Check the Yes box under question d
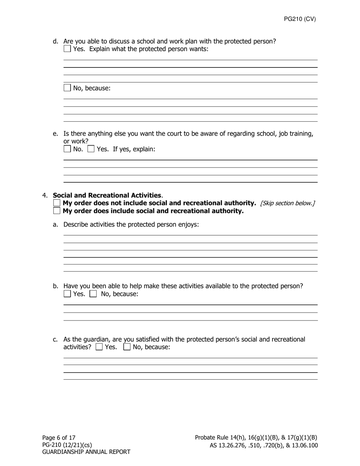coord(67,49)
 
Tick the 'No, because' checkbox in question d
coord(67,88)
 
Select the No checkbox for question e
coord(67,149)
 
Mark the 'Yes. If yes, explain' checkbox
coord(91,149)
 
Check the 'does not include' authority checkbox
coord(57,203)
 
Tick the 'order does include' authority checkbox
coord(57,211)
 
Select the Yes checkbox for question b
coord(67,294)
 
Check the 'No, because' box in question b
coord(93,294)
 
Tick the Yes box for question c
coord(99,347)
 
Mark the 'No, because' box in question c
coord(127,347)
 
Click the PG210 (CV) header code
coord(300,19)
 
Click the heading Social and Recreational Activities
coord(107,195)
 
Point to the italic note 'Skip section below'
coord(287,203)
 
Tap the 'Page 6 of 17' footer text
coord(59,438)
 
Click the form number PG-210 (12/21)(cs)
coord(67,445)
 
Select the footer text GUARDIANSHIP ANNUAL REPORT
coord(86,452)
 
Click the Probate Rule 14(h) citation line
coord(256,438)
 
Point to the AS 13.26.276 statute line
coord(264,446)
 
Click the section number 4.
coord(45,195)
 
